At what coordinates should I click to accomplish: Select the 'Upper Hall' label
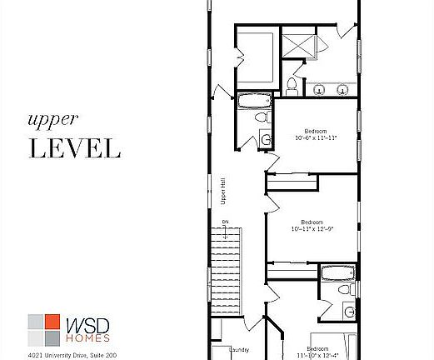point(223,193)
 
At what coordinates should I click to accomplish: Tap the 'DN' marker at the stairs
point(225,222)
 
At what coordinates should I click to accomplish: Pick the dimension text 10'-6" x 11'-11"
point(316,137)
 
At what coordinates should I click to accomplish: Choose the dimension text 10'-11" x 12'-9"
point(311,228)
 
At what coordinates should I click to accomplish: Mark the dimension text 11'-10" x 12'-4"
point(317,355)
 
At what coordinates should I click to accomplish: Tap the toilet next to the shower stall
point(292,84)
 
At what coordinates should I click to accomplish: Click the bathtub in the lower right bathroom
point(337,272)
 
